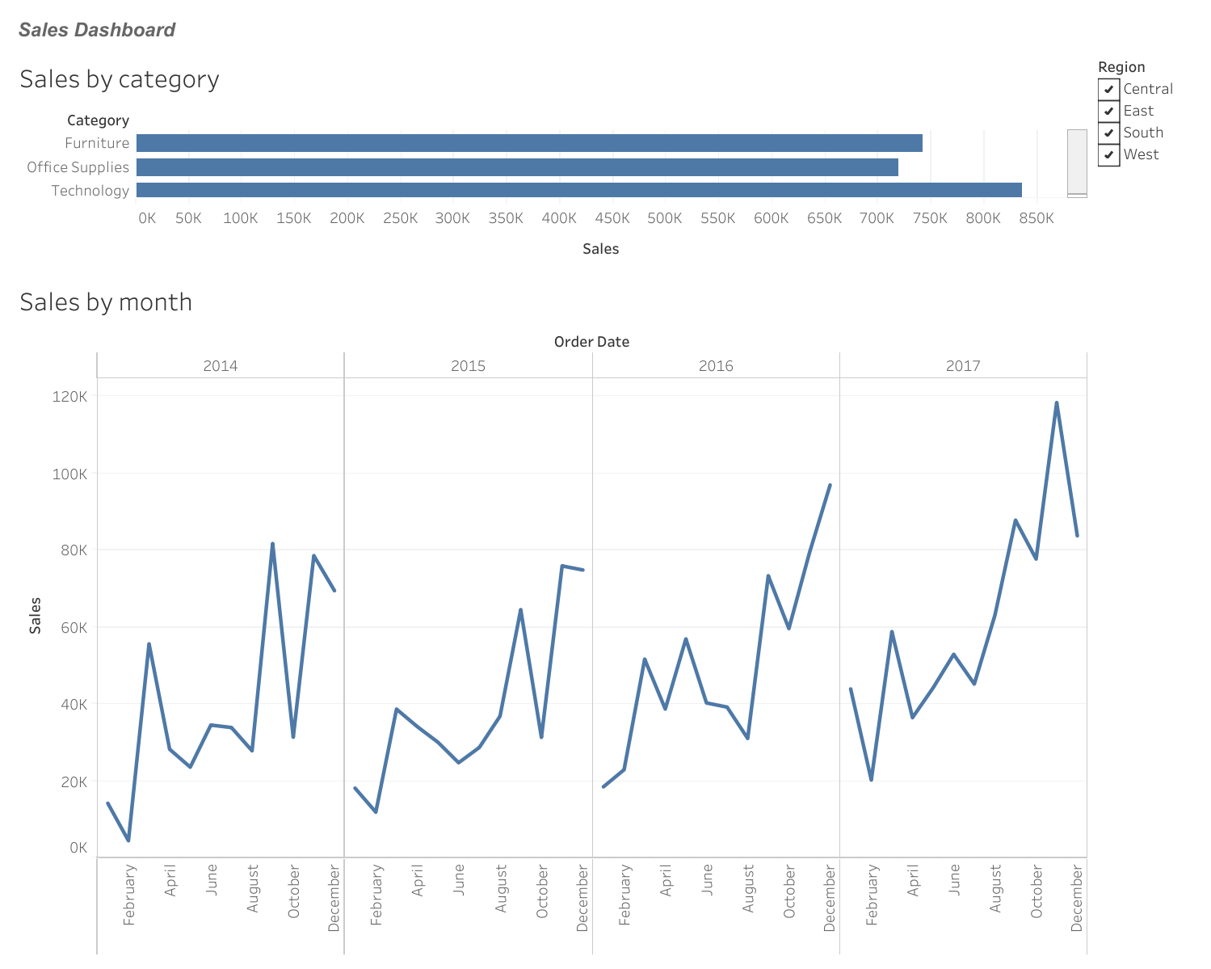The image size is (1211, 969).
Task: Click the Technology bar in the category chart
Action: [x=578, y=190]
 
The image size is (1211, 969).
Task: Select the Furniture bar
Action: [x=529, y=143]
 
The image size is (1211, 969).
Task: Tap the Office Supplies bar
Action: [x=517, y=167]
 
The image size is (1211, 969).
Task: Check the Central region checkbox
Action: [x=1108, y=89]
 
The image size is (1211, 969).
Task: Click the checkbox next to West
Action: [x=1108, y=154]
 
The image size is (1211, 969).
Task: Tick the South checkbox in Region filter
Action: [x=1108, y=133]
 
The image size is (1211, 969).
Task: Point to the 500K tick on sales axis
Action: [x=665, y=218]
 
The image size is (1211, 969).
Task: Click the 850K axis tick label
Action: [x=1036, y=218]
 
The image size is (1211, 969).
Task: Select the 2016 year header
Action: [x=716, y=366]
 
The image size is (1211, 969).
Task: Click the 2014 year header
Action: [x=221, y=366]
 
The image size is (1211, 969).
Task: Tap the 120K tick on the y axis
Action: [x=70, y=396]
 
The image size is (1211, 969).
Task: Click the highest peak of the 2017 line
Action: [x=1056, y=402]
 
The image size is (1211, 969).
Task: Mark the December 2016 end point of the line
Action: [x=830, y=485]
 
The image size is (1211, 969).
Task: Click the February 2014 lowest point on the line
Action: [x=128, y=841]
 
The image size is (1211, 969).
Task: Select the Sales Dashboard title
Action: [x=97, y=30]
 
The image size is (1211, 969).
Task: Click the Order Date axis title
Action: [x=591, y=342]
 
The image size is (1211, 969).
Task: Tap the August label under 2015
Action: [x=501, y=889]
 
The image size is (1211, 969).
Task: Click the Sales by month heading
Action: [x=106, y=302]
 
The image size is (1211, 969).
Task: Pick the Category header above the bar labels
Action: [x=98, y=120]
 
